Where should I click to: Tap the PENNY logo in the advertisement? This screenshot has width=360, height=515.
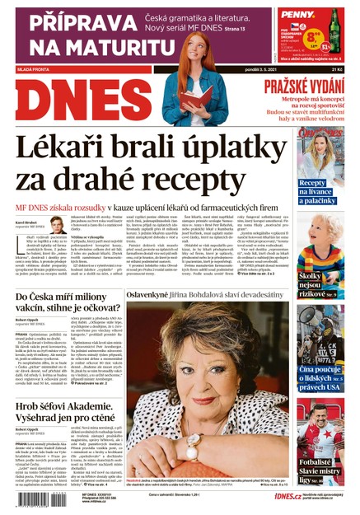[320, 15]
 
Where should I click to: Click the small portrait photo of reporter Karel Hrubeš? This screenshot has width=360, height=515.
[58, 225]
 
